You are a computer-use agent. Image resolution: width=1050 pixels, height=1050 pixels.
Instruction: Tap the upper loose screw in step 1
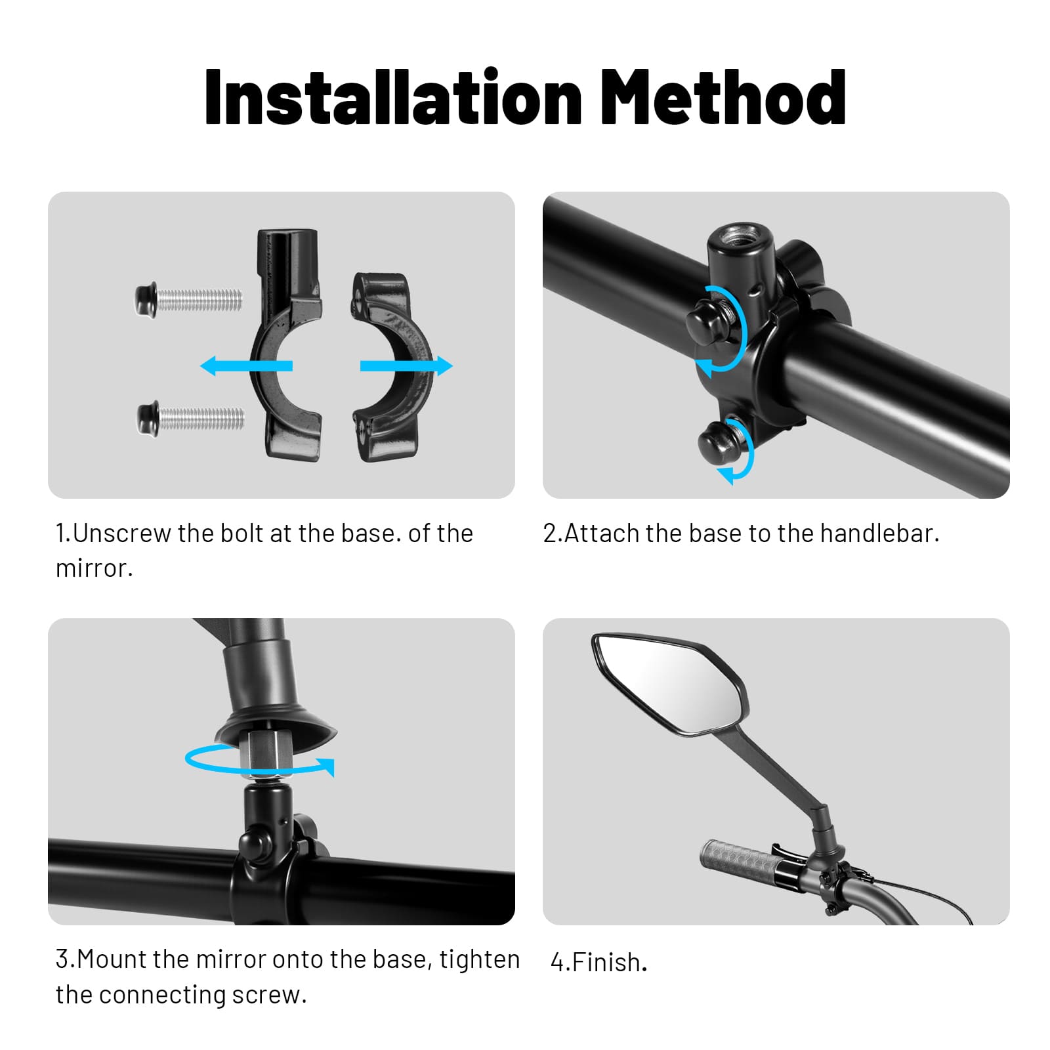coord(189,300)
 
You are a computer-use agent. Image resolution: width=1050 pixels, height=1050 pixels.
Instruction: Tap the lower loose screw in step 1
coord(191,417)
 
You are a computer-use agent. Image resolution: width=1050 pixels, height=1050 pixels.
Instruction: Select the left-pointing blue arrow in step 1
coord(246,366)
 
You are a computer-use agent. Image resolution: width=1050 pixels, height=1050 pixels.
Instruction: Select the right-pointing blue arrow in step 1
coord(406,366)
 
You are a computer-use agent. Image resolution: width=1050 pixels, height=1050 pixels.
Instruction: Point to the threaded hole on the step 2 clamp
coord(741,236)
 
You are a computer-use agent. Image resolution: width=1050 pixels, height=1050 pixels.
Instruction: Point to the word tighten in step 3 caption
coord(480,960)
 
